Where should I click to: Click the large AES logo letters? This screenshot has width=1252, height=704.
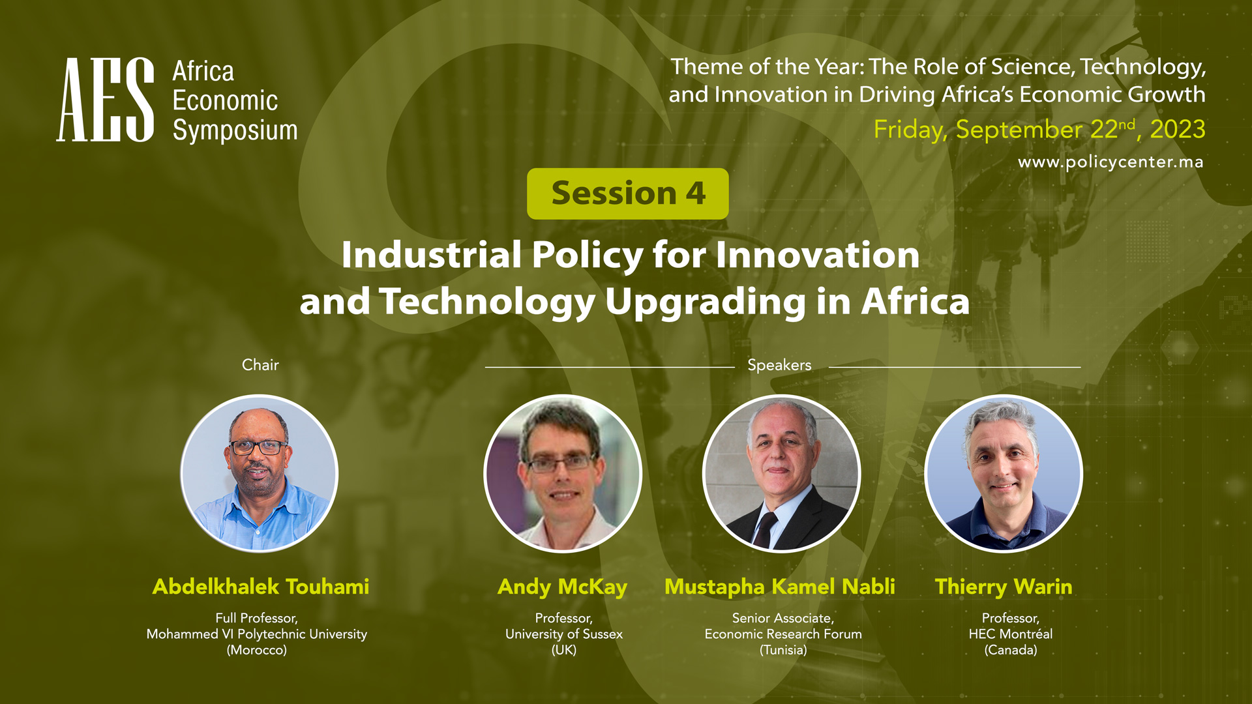tap(105, 100)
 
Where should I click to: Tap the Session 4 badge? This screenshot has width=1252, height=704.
tap(627, 194)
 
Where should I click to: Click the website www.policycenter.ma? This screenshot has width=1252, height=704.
tap(1110, 162)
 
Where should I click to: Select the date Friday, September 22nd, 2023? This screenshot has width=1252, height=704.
tap(1039, 129)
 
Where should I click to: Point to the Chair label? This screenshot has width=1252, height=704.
tap(260, 365)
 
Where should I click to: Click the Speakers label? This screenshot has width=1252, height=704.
tap(779, 365)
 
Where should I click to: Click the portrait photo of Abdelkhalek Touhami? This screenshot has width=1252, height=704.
tap(260, 473)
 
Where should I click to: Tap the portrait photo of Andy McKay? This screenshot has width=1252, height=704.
tap(563, 473)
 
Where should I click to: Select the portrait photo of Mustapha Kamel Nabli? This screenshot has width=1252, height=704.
tap(781, 473)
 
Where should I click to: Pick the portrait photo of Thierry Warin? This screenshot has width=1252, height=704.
tap(1004, 473)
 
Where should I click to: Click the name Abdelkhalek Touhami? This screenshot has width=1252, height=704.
tap(261, 587)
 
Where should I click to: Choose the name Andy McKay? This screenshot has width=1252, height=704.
tap(562, 587)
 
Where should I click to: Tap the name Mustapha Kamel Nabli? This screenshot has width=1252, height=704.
tap(780, 587)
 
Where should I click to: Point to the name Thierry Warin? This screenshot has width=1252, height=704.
tap(1004, 587)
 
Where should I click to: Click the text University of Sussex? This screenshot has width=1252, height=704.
tap(564, 634)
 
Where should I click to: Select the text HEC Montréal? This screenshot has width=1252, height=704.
tap(1011, 634)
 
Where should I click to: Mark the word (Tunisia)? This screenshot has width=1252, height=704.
tap(783, 650)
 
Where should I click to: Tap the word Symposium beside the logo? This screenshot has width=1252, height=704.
tap(235, 130)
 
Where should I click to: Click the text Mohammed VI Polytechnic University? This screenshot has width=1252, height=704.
tap(257, 634)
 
